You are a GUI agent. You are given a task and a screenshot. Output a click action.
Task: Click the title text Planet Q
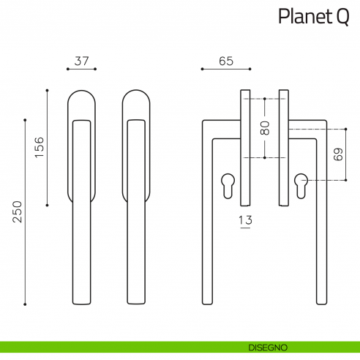coord(313,17)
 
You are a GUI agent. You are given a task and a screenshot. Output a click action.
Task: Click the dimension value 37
coord(81,61)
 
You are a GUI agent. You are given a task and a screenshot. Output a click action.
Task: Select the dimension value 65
coord(225,61)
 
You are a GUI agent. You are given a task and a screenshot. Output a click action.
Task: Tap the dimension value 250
coord(17,212)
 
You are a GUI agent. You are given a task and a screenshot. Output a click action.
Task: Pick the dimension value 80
coord(265,128)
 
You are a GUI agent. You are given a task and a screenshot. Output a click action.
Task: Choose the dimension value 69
coord(337,155)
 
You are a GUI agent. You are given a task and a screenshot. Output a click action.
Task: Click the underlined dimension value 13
coord(245,220)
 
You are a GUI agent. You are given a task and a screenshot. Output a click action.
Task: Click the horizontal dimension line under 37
coord(81,70)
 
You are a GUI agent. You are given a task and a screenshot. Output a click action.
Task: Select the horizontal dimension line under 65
coord(225,70)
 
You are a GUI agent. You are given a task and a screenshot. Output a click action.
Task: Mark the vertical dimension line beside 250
coord(26,212)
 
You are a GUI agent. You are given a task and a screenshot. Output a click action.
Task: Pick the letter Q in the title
coord(342,17)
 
